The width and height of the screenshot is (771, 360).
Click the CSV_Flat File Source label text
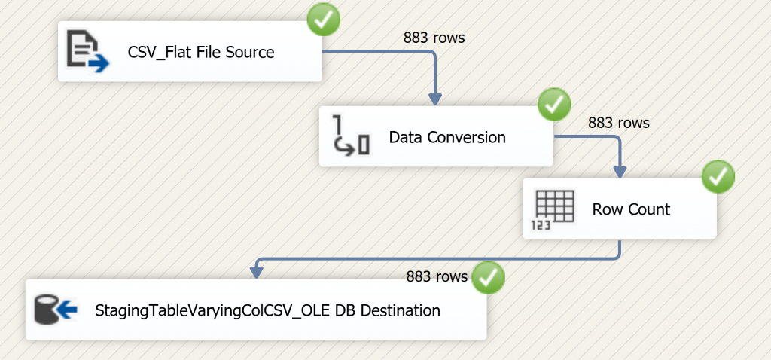point(201,53)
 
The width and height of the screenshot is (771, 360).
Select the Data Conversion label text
point(447,137)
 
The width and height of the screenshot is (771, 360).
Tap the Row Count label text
point(631,209)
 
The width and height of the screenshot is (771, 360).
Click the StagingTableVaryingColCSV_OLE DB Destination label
point(267,310)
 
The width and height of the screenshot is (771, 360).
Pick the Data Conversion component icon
point(352,136)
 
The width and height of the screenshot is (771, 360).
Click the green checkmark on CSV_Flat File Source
point(324,20)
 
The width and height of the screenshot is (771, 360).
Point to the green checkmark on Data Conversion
point(554,105)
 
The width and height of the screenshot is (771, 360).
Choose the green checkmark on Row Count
point(718,178)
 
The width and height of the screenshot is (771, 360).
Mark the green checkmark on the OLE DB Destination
point(488,277)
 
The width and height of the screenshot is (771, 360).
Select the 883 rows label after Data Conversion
point(618,122)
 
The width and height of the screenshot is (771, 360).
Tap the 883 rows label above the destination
point(437,276)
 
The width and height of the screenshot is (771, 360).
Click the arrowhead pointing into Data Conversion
point(435,99)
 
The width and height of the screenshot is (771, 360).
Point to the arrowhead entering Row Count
point(620,172)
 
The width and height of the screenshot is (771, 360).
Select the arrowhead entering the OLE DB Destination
point(257,273)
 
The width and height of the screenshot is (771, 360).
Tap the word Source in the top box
point(251,53)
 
